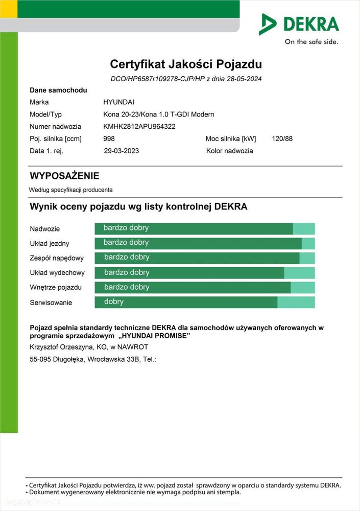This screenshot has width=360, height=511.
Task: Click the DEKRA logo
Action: [299, 24]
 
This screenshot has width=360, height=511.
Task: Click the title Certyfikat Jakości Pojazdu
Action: [186, 64]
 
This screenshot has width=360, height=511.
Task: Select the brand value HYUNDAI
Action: [119, 102]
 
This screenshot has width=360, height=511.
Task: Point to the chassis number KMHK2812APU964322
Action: [139, 127]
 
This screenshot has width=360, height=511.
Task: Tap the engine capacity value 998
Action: [109, 138]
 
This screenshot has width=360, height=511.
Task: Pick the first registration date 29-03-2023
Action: [121, 151]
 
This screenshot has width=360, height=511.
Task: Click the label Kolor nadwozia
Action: [229, 151]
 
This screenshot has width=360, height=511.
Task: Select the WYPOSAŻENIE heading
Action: [64, 176]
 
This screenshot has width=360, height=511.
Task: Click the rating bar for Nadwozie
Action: [204, 228]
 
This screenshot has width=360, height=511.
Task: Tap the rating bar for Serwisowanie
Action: [204, 302]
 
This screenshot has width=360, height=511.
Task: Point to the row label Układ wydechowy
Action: [57, 273]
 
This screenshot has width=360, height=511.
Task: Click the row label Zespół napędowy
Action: [57, 258]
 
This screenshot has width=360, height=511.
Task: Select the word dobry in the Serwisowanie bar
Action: [114, 301]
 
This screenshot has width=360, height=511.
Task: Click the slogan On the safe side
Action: [311, 42]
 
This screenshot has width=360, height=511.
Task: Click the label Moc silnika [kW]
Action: [231, 138]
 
